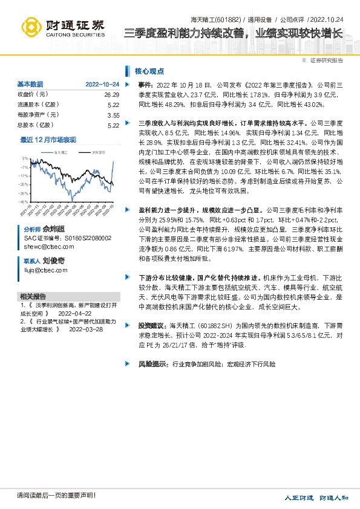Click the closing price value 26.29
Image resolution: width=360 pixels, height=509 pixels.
tap(112, 95)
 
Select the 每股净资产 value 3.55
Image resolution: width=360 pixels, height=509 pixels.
tap(113, 115)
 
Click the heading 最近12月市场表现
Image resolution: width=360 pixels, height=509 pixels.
tap(48, 140)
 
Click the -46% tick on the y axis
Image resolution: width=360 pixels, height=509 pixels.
tap(22, 201)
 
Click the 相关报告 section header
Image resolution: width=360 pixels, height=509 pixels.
tap(33, 296)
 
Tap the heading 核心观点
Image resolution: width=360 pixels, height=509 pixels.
tap(149, 70)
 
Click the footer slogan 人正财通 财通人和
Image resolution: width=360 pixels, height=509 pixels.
tap(317, 497)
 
